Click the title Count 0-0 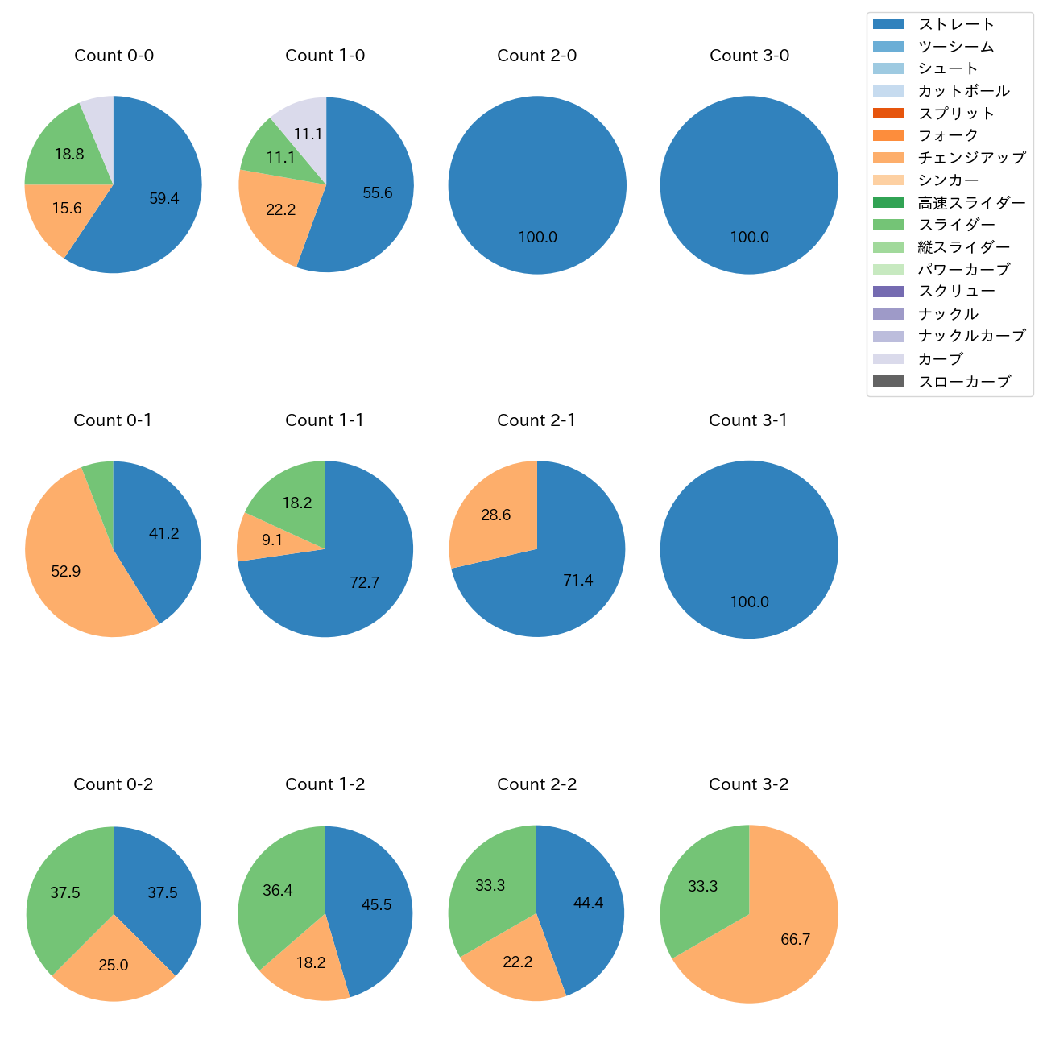(114, 56)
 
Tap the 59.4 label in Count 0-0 (163, 198)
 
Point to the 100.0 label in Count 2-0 (537, 237)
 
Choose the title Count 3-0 (749, 56)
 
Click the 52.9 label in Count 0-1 (65, 571)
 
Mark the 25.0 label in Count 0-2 (114, 965)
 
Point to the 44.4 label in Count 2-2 (588, 903)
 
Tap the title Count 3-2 (748, 784)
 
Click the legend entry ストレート (956, 24)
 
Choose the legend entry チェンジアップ (971, 158)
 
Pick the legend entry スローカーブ (964, 382)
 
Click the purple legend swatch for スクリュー (888, 292)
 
